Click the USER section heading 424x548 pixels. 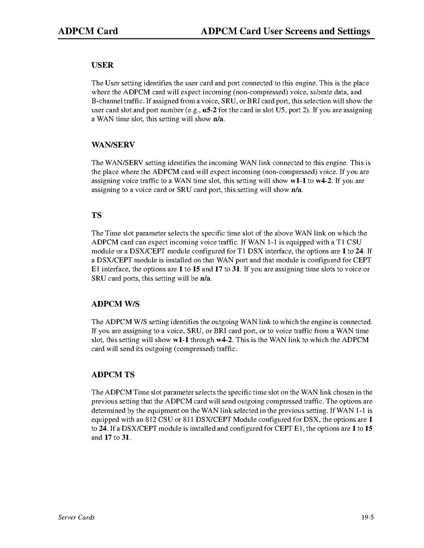click(x=102, y=65)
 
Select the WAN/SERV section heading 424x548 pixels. click(x=113, y=145)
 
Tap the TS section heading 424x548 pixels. click(x=96, y=215)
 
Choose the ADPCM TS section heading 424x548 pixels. click(x=113, y=374)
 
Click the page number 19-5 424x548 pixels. click(x=368, y=517)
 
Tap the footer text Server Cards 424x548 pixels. click(x=76, y=517)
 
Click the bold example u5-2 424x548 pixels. click(x=210, y=110)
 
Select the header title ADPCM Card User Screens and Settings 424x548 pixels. click(x=285, y=31)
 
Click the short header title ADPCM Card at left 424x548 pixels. click(x=88, y=31)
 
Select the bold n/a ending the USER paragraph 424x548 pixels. click(x=218, y=119)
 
